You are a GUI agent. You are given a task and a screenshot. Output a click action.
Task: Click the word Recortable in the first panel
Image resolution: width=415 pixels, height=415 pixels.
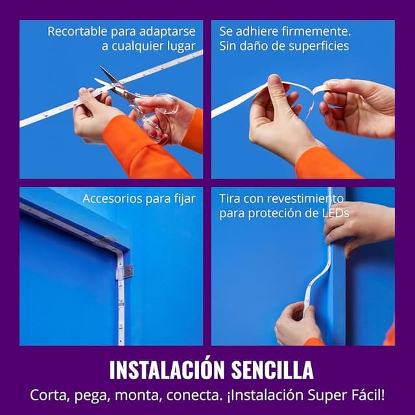pyautogui.click(x=77, y=32)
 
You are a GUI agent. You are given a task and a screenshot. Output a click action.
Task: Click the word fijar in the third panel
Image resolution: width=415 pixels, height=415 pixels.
pyautogui.click(x=185, y=199)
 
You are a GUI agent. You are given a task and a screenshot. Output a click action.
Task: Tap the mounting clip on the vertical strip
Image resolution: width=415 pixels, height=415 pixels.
pyautogui.click(x=124, y=271)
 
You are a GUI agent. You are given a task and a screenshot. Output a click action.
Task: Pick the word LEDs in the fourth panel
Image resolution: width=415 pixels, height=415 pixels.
pyautogui.click(x=336, y=213)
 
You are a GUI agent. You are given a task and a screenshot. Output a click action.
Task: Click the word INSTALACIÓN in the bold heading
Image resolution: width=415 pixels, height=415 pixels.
pyautogui.click(x=167, y=369)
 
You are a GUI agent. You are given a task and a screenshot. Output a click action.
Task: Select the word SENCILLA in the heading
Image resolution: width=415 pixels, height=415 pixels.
pyautogui.click(x=272, y=370)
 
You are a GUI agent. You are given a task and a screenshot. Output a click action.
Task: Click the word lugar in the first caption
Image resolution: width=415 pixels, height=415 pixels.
pyautogui.click(x=182, y=47)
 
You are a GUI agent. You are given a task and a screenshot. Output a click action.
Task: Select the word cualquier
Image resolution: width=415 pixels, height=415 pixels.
pyautogui.click(x=137, y=47)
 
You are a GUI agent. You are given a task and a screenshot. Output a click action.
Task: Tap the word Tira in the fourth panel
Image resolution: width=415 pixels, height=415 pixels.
pyautogui.click(x=230, y=198)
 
